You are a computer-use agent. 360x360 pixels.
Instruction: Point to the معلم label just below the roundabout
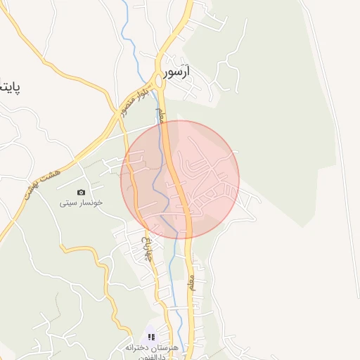(162, 115)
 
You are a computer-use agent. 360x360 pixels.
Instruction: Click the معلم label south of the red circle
(191, 284)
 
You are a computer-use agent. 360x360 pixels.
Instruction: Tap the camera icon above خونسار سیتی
(81, 193)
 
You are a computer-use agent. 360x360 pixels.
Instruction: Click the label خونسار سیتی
(81, 202)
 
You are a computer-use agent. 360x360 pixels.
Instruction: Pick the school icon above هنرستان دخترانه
(150, 337)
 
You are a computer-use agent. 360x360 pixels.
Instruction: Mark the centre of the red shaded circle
(180, 179)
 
